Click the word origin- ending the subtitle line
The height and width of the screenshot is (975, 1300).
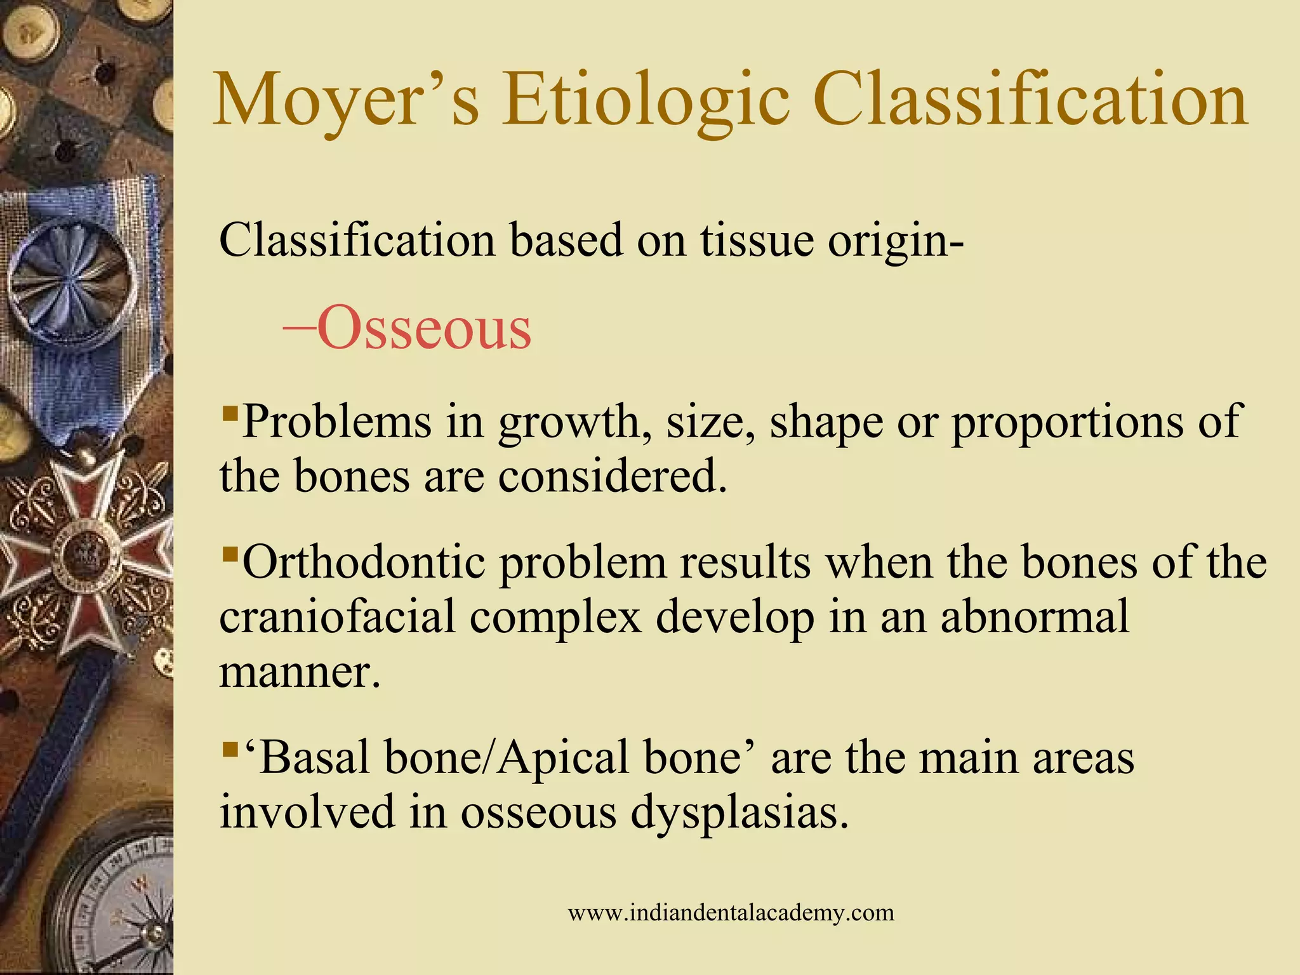(x=896, y=242)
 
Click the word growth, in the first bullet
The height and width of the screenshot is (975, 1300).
(x=575, y=423)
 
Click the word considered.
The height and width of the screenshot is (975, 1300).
(x=612, y=477)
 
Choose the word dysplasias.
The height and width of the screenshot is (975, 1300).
(x=739, y=812)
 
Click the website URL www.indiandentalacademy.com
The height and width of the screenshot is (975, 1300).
(x=731, y=913)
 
